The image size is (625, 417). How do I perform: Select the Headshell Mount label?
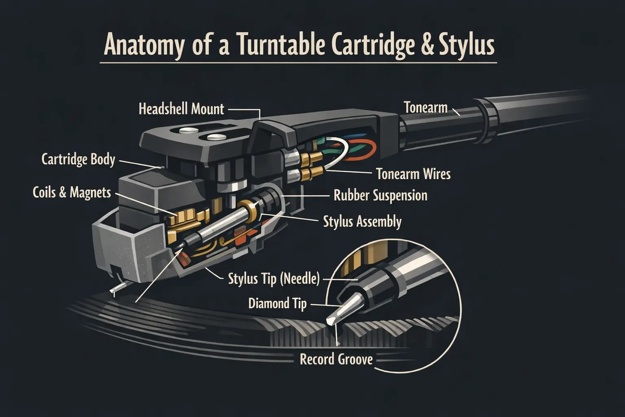[x=181, y=109]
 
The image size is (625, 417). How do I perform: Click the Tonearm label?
[x=426, y=108]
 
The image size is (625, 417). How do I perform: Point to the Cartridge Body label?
[x=78, y=159]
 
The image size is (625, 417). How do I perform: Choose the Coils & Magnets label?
[x=72, y=192]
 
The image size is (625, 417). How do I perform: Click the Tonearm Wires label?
[x=413, y=174]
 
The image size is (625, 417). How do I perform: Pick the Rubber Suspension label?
[x=380, y=195]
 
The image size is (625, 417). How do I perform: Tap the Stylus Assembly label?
[x=362, y=222]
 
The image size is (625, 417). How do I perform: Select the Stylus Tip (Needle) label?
[x=273, y=279]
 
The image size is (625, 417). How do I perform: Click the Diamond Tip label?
[x=277, y=304]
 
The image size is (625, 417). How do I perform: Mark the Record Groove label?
[x=336, y=359]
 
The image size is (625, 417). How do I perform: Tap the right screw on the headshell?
[x=216, y=136]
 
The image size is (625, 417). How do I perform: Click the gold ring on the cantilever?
[x=245, y=206]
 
